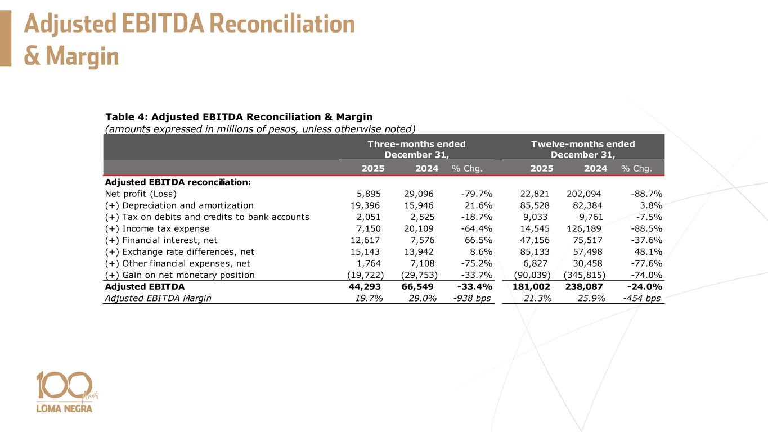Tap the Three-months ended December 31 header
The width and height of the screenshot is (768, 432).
point(416,149)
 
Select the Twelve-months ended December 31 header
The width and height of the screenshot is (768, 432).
point(583,149)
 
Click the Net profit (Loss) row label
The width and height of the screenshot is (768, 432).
point(137,194)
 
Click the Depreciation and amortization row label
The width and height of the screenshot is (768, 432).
point(179,205)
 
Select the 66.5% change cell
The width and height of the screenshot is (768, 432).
point(477,240)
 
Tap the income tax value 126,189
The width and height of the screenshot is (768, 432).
point(585,229)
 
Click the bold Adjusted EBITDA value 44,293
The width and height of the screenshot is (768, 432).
point(366,286)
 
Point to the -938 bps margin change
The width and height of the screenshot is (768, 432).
point(471,298)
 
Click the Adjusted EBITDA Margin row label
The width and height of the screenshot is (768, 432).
point(158,298)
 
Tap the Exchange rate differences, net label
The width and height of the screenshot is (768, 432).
point(179,252)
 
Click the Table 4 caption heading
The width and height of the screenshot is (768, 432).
point(239,117)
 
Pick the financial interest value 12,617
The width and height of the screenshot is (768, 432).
point(366,240)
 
